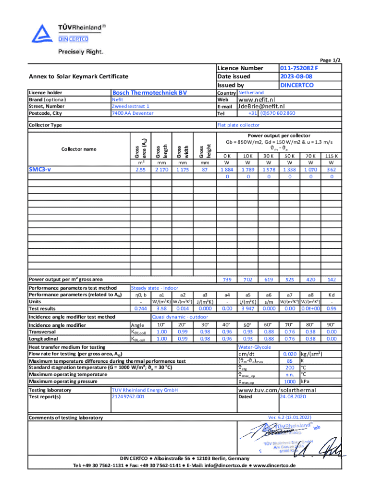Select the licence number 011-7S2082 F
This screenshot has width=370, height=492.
pos(299,68)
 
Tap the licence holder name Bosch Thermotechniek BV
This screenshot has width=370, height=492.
pos(149,92)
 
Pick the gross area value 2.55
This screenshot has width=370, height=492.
pos(141,170)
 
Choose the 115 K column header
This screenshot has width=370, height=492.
pos(331,156)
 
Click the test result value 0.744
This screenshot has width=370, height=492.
pos(141,308)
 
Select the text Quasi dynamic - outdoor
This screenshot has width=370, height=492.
pos(180,317)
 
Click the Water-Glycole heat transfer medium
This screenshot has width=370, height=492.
pos(255,346)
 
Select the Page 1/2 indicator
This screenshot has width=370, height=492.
pos(331,60)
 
